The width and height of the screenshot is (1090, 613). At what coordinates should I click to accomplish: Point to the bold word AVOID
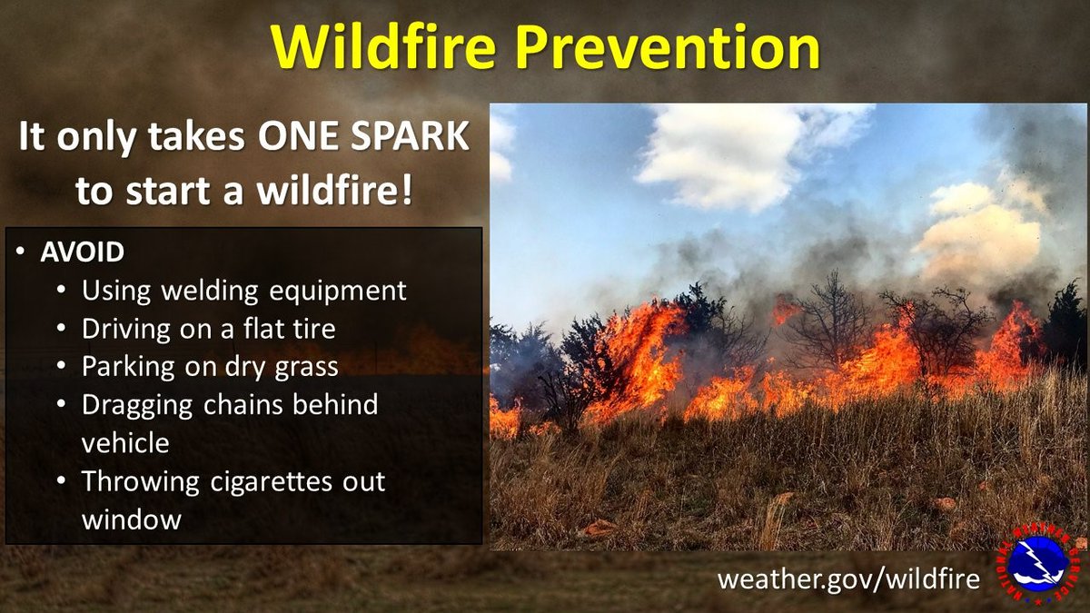pyautogui.click(x=82, y=252)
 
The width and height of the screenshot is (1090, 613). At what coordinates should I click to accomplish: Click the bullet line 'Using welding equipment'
pyautogui.click(x=243, y=291)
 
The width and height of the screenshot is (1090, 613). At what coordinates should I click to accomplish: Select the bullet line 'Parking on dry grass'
pyautogui.click(x=210, y=366)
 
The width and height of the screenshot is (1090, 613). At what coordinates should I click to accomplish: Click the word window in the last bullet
pyautogui.click(x=132, y=519)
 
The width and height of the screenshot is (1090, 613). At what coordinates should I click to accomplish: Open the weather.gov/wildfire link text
pyautogui.click(x=848, y=578)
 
